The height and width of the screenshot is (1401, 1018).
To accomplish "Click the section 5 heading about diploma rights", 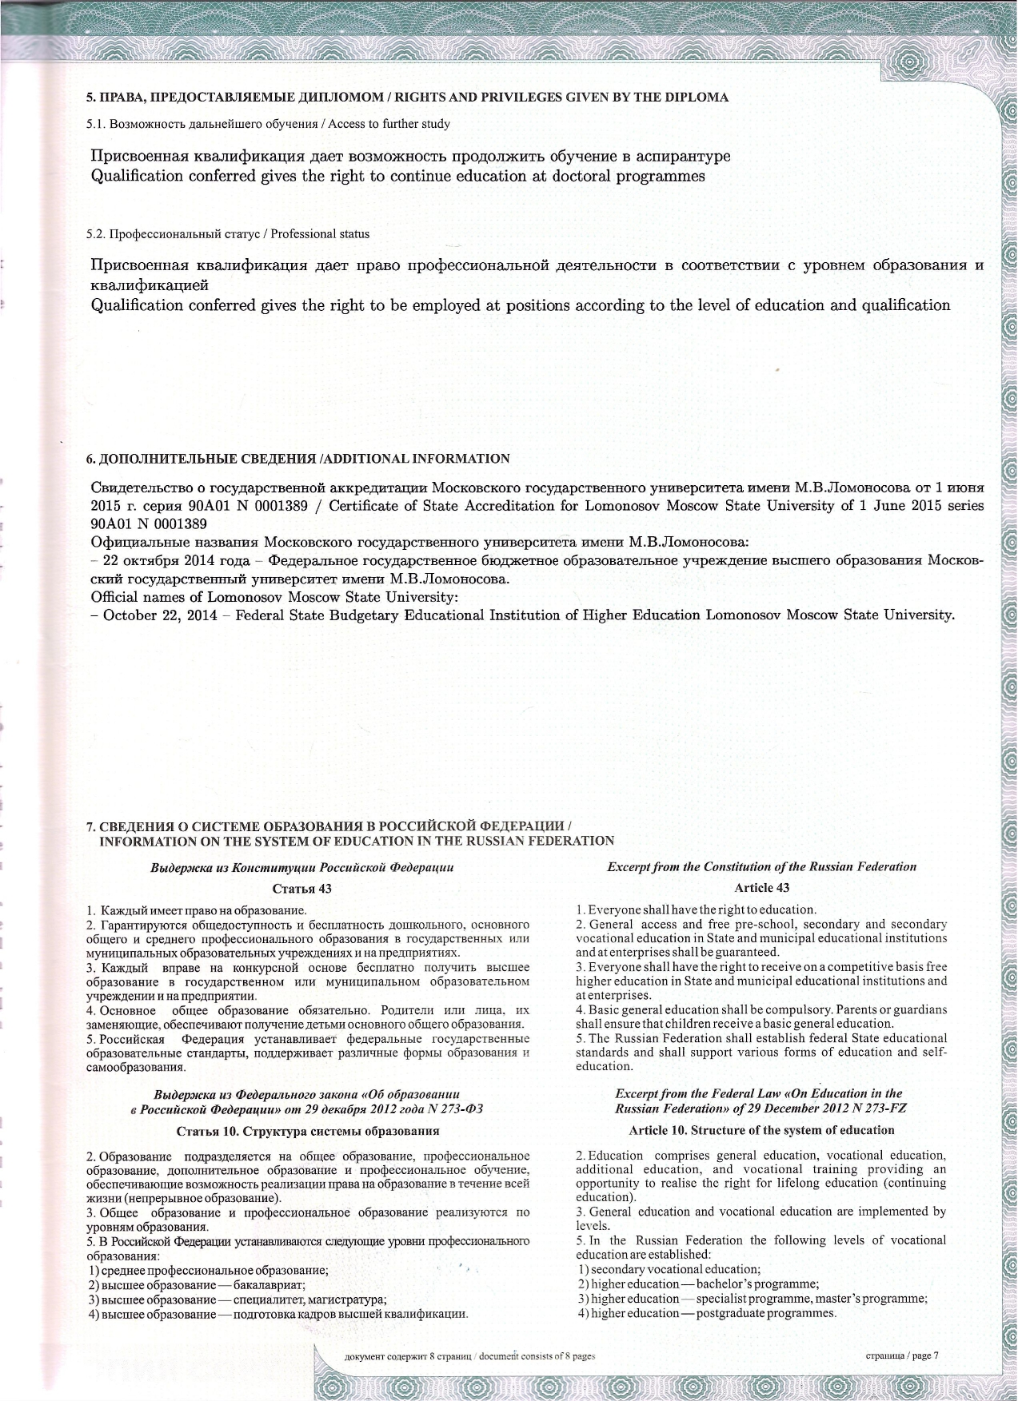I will click(x=407, y=98).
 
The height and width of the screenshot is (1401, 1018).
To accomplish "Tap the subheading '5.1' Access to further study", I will click(x=268, y=124).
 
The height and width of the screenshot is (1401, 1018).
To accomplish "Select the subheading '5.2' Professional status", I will click(x=228, y=234).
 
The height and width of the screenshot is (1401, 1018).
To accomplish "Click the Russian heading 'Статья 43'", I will click(x=302, y=889).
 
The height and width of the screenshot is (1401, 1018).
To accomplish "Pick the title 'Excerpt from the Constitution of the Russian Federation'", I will click(x=761, y=866).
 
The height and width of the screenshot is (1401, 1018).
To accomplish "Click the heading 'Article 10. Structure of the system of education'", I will click(x=761, y=1130).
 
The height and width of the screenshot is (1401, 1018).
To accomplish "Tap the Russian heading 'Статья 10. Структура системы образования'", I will click(x=307, y=1131).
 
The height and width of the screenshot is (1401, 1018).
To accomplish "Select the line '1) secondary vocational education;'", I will click(x=669, y=1269).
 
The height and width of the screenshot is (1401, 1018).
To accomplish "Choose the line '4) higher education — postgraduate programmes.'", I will click(x=707, y=1313).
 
